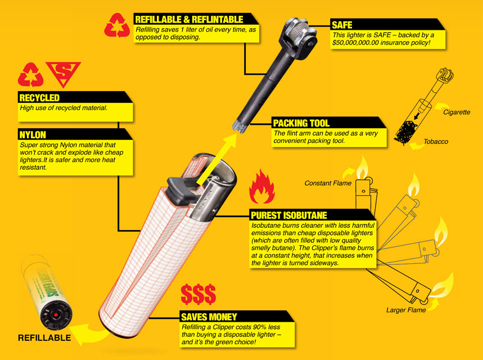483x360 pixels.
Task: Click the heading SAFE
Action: click(x=342, y=25)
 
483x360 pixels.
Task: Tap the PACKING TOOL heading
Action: click(x=301, y=123)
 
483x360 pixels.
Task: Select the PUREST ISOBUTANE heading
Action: click(x=289, y=215)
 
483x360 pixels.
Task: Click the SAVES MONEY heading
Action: click(x=209, y=317)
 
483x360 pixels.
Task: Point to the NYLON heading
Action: click(x=33, y=135)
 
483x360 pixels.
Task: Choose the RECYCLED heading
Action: click(x=39, y=98)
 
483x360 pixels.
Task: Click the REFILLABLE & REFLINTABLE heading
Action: click(x=189, y=20)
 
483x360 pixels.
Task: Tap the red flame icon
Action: click(x=261, y=187)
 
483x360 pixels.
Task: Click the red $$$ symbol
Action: click(x=198, y=294)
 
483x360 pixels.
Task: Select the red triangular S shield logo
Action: click(x=63, y=73)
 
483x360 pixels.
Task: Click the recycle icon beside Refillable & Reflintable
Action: click(x=117, y=25)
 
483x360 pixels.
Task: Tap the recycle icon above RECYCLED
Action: click(x=30, y=75)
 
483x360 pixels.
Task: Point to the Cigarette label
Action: click(x=457, y=112)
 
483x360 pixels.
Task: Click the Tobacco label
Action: click(x=436, y=142)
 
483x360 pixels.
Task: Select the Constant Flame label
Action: click(x=328, y=183)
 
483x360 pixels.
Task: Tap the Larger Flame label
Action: click(x=406, y=310)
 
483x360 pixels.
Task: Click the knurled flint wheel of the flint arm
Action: click(x=298, y=30)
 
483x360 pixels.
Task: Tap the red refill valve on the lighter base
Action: click(x=56, y=315)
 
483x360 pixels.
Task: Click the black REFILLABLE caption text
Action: click(x=44, y=338)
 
